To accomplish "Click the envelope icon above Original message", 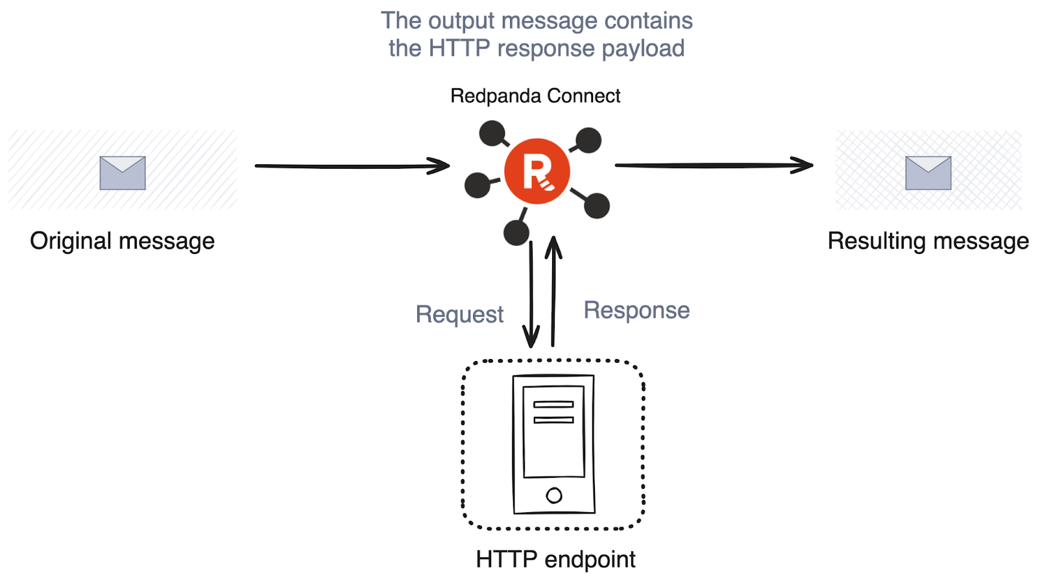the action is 123,173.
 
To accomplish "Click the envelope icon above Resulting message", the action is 928,173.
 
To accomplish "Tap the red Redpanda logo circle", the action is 537,171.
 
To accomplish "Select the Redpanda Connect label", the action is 535,96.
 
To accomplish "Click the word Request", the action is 459,314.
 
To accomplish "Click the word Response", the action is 636,310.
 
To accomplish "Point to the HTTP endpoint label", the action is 555,560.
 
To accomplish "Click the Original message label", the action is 123,241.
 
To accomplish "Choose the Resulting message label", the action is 928,241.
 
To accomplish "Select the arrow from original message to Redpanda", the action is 352,166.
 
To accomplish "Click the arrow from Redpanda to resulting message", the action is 714,165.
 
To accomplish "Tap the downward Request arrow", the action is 531,295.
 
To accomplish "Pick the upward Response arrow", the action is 553,291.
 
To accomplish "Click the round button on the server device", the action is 554,495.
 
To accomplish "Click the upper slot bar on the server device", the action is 554,404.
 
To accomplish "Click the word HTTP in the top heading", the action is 459,48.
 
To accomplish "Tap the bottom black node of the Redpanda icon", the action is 516,232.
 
